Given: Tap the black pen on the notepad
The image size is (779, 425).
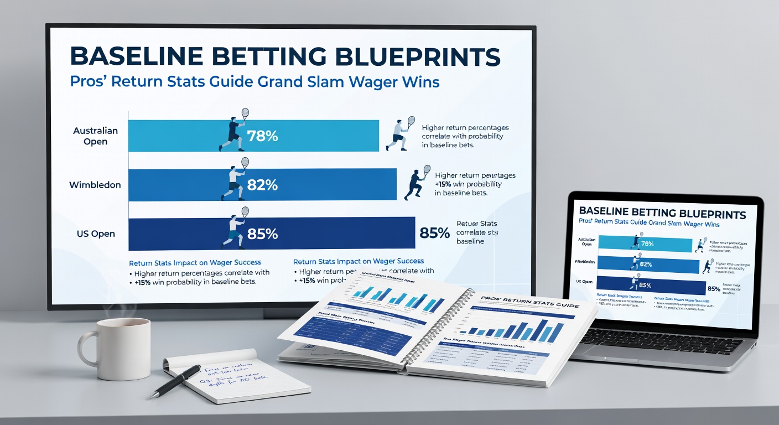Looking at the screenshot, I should (177, 380).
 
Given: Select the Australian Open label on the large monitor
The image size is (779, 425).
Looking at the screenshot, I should (96, 136).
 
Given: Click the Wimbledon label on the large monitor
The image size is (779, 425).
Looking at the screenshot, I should (95, 185).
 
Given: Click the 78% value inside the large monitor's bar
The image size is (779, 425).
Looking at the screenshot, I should (263, 136).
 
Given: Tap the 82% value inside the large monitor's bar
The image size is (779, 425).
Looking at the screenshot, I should (263, 185).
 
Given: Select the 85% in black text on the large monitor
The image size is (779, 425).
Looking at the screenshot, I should (435, 233).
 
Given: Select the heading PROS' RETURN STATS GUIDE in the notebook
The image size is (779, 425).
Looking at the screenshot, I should (529, 303).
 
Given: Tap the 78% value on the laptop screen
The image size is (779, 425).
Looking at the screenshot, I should (647, 244).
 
